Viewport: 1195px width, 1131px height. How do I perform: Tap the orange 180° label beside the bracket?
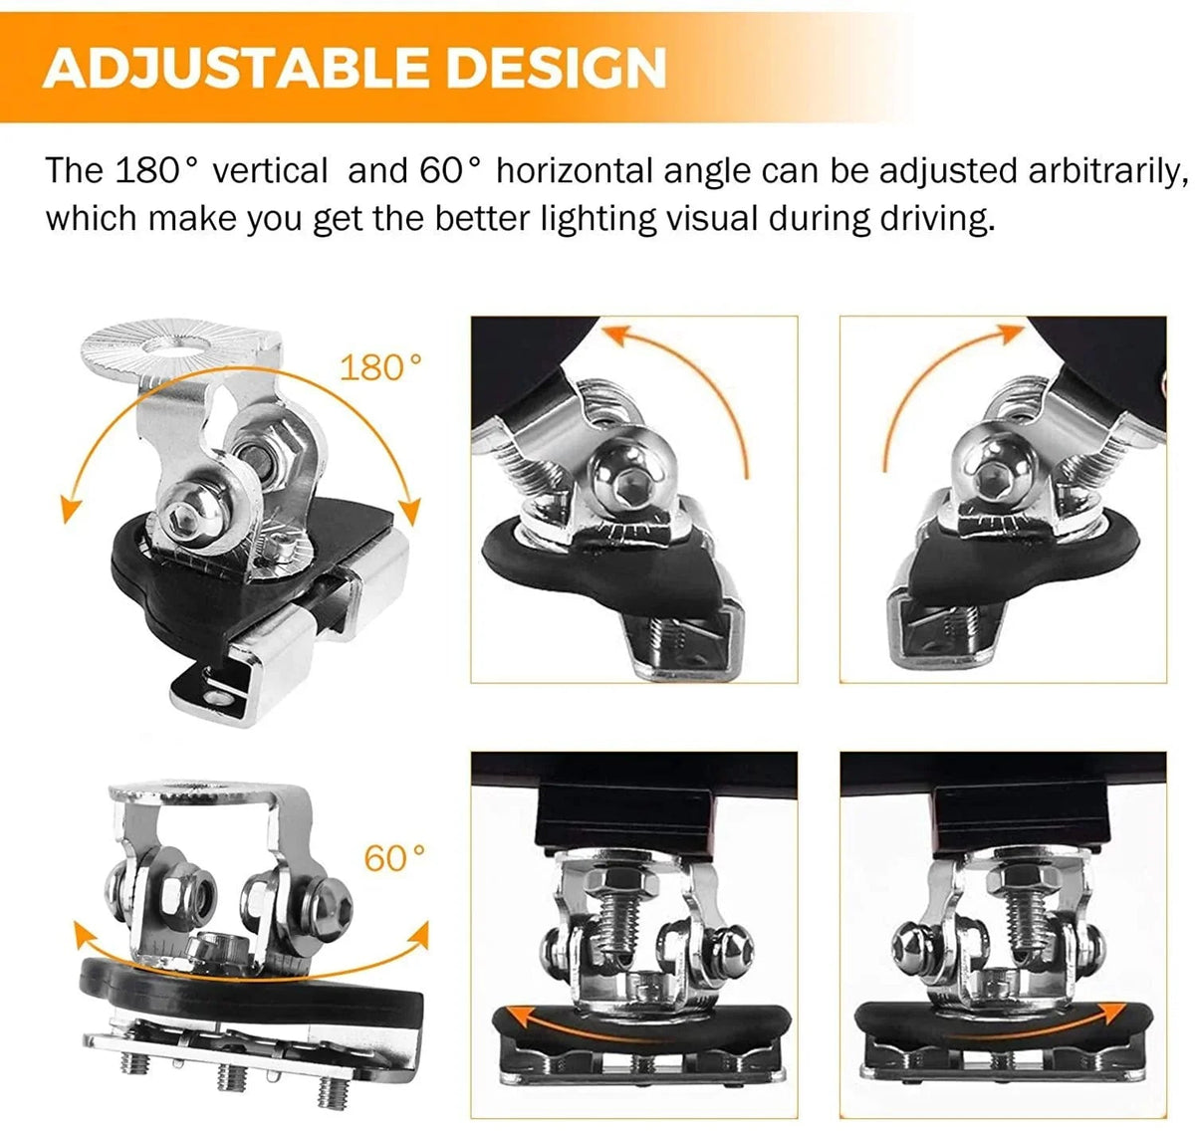380,367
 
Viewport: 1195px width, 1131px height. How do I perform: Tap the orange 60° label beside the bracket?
394,858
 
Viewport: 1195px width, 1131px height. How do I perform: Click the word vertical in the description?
270,170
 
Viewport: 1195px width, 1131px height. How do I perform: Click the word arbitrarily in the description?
1107,171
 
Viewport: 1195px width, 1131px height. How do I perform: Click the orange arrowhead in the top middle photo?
618,335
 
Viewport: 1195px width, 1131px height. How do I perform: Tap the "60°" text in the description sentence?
450,170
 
